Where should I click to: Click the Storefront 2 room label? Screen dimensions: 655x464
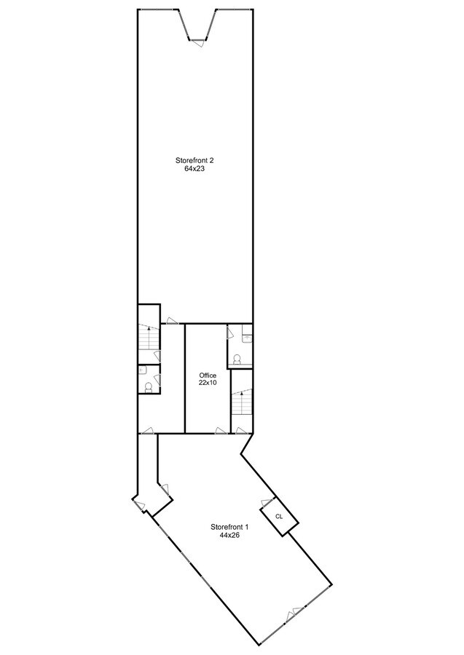194,160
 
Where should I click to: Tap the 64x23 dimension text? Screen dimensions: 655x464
194,168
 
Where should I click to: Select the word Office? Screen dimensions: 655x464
208,376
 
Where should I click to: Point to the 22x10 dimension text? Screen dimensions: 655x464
208,383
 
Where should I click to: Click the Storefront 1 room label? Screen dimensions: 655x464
229,527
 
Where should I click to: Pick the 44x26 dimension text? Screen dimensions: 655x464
229,535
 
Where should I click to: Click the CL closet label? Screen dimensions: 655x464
279,516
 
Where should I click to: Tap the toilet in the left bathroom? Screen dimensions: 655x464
148,386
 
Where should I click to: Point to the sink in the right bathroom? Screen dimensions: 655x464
247,338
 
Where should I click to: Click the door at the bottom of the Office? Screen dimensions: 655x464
221,430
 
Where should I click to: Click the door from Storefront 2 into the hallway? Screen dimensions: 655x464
170,319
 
